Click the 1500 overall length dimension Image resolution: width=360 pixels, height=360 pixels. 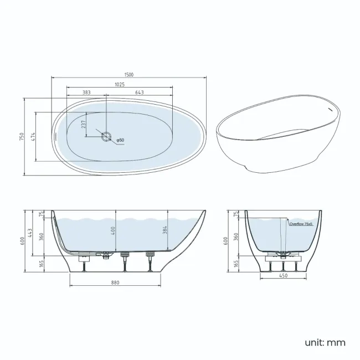(129, 74)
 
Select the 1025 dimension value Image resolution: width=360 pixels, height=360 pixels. (120, 85)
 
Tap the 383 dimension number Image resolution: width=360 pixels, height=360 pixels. (86, 92)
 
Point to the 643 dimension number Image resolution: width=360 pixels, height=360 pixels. (140, 92)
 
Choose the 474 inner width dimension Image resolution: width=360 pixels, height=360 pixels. (33, 136)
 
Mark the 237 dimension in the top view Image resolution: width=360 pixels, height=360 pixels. (83, 125)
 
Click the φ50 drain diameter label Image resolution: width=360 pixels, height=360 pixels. (120, 140)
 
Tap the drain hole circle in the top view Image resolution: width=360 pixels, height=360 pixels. (106, 135)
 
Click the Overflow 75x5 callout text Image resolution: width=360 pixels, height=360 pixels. (301, 224)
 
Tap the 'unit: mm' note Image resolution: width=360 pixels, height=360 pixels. (324, 342)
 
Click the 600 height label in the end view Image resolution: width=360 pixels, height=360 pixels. (226, 240)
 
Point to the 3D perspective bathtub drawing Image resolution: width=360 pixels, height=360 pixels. (277, 135)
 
